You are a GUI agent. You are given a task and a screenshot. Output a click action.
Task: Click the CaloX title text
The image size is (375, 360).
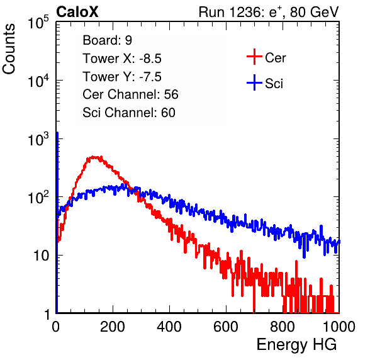click(77, 12)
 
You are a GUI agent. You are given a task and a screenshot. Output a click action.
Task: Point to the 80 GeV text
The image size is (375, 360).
click(315, 12)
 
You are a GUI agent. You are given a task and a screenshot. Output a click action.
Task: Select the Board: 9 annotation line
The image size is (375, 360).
click(108, 40)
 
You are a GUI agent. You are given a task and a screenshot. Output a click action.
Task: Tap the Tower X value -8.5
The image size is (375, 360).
click(150, 59)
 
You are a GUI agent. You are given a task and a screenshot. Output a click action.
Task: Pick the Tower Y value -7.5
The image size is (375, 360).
click(150, 77)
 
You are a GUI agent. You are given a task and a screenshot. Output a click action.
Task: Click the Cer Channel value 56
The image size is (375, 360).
click(171, 94)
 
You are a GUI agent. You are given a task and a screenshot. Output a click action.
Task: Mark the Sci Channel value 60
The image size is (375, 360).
click(168, 113)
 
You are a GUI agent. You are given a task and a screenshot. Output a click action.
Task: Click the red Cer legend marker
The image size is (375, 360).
click(254, 57)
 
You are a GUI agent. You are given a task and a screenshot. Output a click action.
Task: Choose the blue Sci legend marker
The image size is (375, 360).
click(254, 82)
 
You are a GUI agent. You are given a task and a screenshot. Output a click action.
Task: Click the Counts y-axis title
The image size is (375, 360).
click(9, 49)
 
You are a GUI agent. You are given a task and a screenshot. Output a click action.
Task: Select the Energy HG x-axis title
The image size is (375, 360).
click(296, 345)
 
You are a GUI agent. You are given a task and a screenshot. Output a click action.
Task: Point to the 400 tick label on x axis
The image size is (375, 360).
click(169, 327)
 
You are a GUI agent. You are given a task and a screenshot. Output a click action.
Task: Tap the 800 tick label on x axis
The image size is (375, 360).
click(283, 327)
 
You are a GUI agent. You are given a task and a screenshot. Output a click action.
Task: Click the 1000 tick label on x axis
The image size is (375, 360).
click(339, 327)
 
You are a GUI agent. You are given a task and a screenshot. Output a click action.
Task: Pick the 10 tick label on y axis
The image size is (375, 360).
click(41, 256)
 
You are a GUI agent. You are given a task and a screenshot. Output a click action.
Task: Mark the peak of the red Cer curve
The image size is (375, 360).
click(94, 157)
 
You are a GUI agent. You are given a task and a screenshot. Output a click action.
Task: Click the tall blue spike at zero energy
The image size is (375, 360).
click(57, 222)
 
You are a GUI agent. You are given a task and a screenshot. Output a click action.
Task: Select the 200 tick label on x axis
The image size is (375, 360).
click(113, 327)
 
